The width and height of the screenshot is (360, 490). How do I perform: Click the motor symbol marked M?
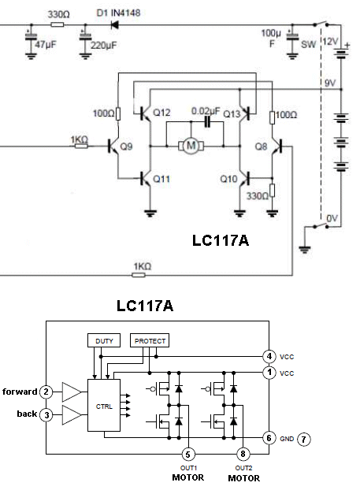[x=191, y=146]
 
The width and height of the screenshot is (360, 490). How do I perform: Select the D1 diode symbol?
[x=115, y=24]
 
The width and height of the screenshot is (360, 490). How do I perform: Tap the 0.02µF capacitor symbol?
[x=207, y=122]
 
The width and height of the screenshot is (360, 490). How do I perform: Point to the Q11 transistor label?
[x=161, y=179]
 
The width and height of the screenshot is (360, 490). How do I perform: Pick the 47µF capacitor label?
[x=46, y=44]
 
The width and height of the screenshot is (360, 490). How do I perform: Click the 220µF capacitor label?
[x=103, y=46]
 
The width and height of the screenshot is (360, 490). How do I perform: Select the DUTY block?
[x=104, y=340]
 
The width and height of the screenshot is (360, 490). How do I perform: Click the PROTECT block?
[x=150, y=340]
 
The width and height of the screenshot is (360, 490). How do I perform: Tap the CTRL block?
[x=104, y=405]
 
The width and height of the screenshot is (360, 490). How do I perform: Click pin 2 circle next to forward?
[x=46, y=392]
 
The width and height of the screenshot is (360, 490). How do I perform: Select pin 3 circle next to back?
[x=46, y=414]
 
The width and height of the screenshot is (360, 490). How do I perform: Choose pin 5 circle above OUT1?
[x=188, y=454]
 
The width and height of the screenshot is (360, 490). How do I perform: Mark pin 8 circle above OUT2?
[x=243, y=454]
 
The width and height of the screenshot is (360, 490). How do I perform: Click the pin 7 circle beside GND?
[x=303, y=440]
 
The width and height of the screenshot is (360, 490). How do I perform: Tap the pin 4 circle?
[x=269, y=356]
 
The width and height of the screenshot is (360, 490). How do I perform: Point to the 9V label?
[x=330, y=83]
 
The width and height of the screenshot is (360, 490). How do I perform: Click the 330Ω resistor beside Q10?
[x=273, y=191]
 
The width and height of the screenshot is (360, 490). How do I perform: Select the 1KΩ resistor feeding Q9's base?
[x=81, y=146]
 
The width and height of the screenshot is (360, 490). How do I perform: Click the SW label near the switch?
[x=309, y=44]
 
